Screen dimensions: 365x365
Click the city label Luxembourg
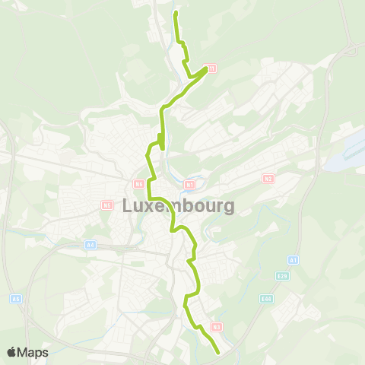[167, 206]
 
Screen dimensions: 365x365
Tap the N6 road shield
[138, 184]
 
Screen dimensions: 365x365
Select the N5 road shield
[106, 205]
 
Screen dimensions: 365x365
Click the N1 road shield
[189, 183]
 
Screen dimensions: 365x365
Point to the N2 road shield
[268, 179]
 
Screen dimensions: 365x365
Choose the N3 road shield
[217, 327]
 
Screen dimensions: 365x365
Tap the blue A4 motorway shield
[90, 245]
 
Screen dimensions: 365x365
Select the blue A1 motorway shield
[293, 260]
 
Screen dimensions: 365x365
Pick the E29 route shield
[283, 275]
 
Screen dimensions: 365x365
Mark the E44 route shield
[265, 299]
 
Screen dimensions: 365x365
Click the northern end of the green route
[176, 13]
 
